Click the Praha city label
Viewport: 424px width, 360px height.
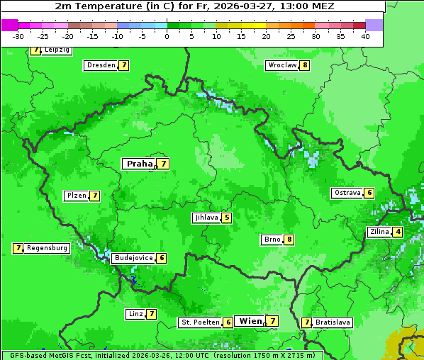pyautogui.click(x=139, y=164)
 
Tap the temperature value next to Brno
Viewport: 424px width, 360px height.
pyautogui.click(x=289, y=240)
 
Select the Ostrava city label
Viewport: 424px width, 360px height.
pyautogui.click(x=347, y=193)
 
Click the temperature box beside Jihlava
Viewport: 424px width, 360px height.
pyautogui.click(x=227, y=218)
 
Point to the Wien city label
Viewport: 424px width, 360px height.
pyautogui.click(x=250, y=321)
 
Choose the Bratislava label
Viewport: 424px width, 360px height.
pyautogui.click(x=333, y=322)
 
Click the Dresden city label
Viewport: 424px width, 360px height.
pyautogui.click(x=101, y=65)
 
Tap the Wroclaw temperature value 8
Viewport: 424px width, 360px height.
pyautogui.click(x=305, y=65)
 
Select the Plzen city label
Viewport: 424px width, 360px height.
pyautogui.click(x=76, y=196)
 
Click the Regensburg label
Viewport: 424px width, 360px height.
pyautogui.click(x=48, y=248)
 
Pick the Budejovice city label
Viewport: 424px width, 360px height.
pyautogui.click(x=133, y=258)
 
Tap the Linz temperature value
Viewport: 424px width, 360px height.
pyautogui.click(x=151, y=314)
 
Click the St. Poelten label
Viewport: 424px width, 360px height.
pyautogui.click(x=200, y=322)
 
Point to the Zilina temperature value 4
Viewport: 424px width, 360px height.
pyautogui.click(x=398, y=232)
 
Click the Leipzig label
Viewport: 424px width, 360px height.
pyautogui.click(x=57, y=50)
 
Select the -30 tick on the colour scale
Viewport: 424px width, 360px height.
pyautogui.click(x=18, y=36)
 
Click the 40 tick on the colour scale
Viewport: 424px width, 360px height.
pyautogui.click(x=365, y=36)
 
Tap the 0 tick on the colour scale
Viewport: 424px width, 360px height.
pyautogui.click(x=167, y=36)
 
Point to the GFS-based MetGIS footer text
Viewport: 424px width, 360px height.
pyautogui.click(x=162, y=355)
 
